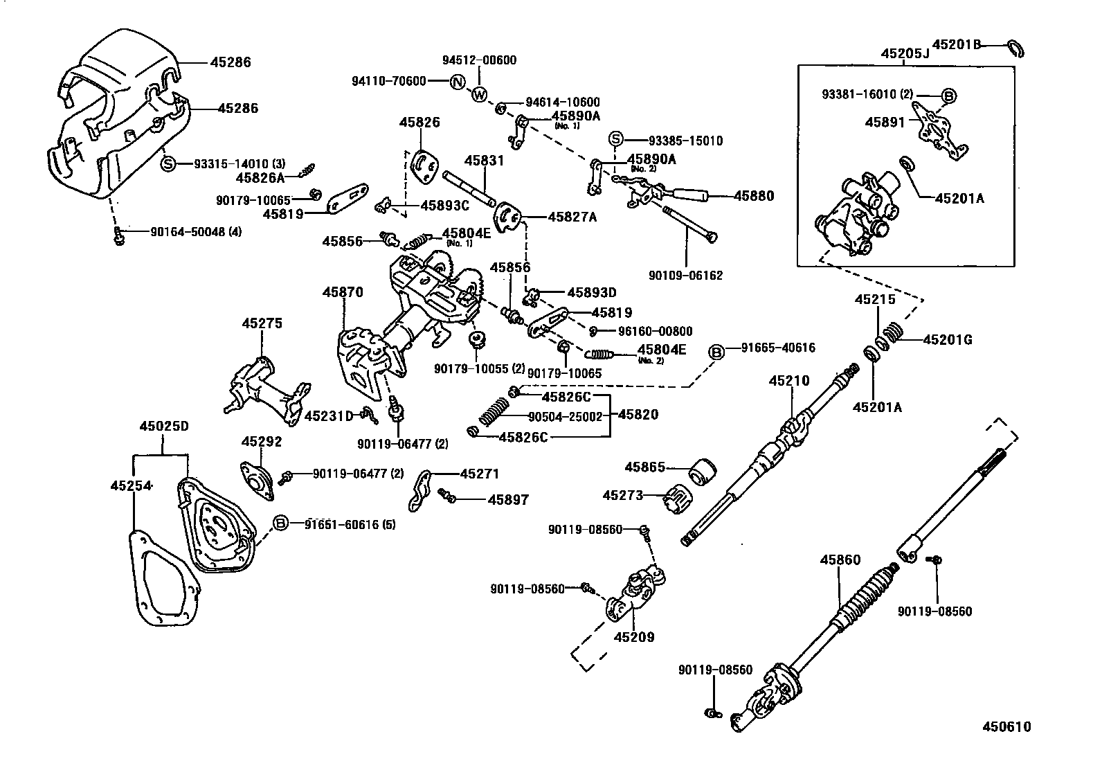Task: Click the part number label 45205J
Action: pos(905,53)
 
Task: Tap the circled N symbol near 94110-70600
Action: pos(457,82)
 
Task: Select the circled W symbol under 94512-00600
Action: pos(479,95)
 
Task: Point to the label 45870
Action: pos(342,293)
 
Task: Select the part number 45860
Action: pos(840,559)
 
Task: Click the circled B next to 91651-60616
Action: pos(280,523)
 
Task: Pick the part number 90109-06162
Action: pos(685,276)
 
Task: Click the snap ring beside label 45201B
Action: pos(1016,49)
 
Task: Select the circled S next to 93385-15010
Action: pos(615,140)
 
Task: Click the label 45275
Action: pos(262,323)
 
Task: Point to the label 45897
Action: pos(508,499)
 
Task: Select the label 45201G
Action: pos(948,339)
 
